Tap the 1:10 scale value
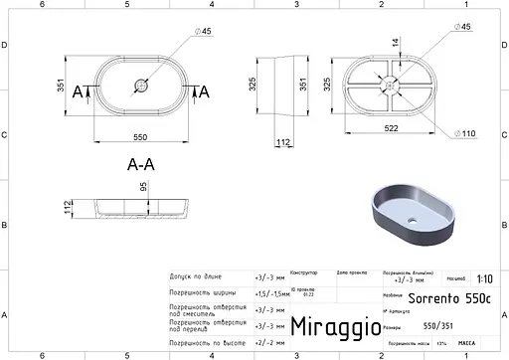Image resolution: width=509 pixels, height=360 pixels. [483, 279]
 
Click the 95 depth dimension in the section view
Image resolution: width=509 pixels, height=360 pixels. [144, 188]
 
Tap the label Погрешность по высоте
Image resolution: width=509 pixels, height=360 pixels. [206, 343]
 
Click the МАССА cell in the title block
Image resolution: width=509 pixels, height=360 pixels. [465, 343]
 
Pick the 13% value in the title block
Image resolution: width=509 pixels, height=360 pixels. [441, 343]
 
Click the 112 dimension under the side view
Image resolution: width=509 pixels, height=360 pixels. [283, 143]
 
